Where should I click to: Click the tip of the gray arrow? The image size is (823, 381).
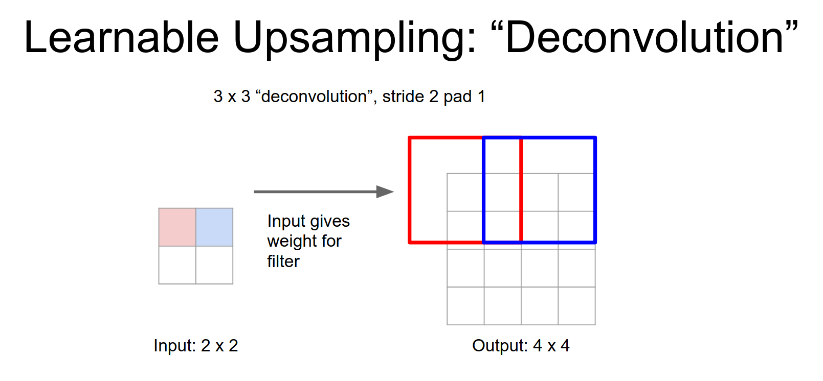[x=394, y=192]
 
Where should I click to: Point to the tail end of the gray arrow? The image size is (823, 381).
[x=254, y=192]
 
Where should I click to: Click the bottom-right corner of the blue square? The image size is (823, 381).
[x=595, y=242]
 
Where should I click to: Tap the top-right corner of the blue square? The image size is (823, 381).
[x=595, y=138]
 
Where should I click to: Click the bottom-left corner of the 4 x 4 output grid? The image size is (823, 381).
[x=447, y=324]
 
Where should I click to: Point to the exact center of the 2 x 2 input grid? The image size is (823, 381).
[x=196, y=246]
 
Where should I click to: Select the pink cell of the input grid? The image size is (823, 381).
[x=177, y=227]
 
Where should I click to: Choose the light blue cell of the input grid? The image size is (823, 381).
[x=214, y=227]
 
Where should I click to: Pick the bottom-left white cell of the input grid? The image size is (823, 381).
[x=177, y=265]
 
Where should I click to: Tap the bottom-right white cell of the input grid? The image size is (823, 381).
[x=214, y=265]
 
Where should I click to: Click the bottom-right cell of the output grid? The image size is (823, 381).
[x=576, y=306]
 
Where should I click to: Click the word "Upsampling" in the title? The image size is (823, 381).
[x=354, y=38]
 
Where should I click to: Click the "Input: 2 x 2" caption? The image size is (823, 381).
[x=196, y=345]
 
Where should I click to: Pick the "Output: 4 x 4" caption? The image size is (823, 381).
[x=521, y=345]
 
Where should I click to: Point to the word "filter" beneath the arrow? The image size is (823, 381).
[x=283, y=261]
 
